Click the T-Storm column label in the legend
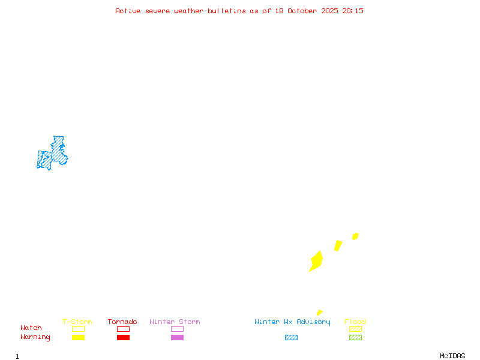point(77,322)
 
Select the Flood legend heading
point(355,322)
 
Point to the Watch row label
point(31,328)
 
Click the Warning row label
point(35,337)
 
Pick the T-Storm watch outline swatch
point(78,329)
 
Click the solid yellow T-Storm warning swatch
point(78,338)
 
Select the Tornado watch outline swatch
point(123,329)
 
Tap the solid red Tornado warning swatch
point(123,338)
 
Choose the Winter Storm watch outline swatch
point(177,329)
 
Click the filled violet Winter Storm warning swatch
point(177,338)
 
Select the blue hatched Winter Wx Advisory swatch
point(291,338)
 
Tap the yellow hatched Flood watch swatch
point(355,329)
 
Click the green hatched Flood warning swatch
point(355,338)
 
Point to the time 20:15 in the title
point(353,11)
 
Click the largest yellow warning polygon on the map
point(316,261)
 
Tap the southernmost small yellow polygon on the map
point(319,313)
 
